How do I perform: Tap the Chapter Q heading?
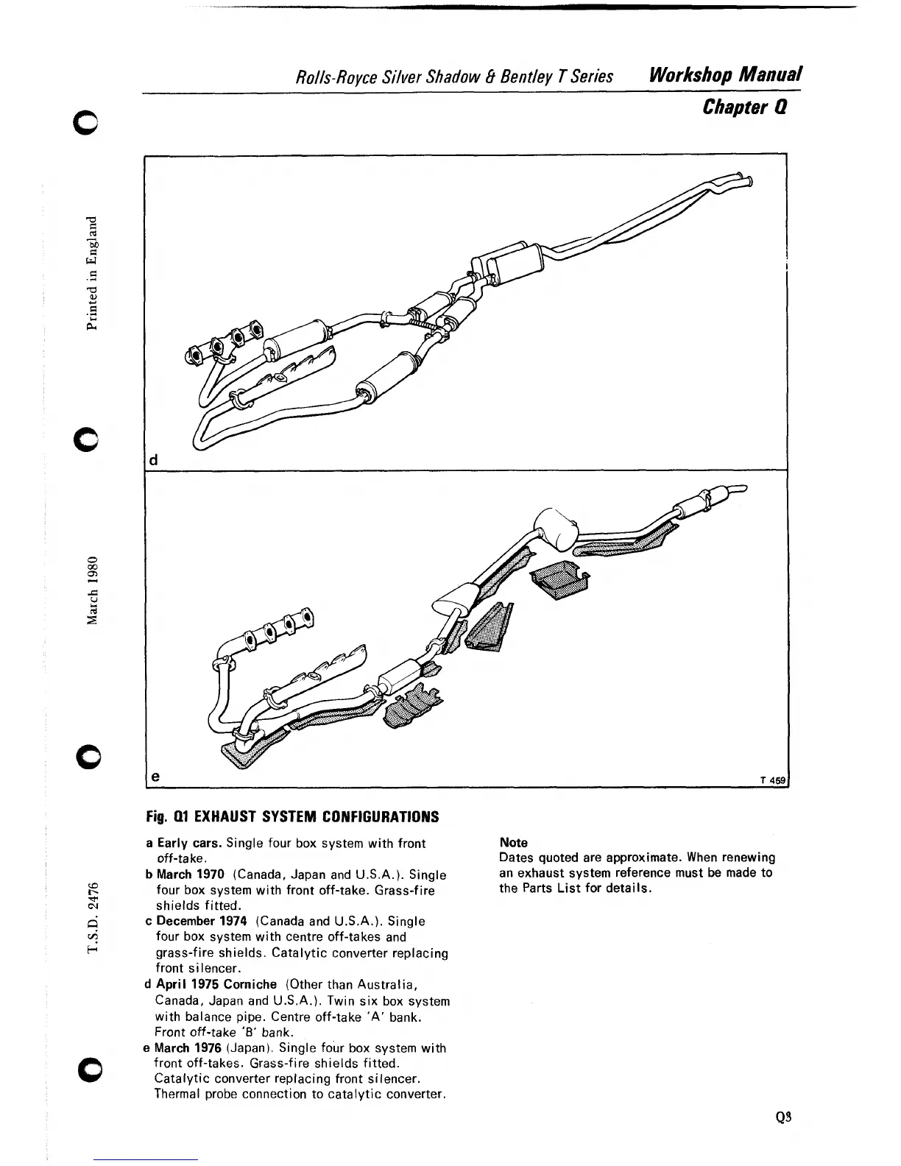point(745,107)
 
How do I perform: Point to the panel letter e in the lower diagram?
point(154,776)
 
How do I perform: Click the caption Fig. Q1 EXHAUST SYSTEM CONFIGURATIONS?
point(292,817)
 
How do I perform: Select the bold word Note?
point(513,843)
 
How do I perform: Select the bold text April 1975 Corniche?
point(216,985)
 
